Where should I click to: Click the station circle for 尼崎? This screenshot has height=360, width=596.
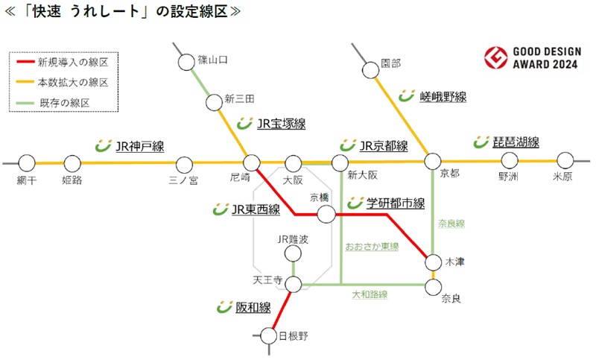click(x=252, y=162)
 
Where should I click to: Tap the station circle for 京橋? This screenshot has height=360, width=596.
click(x=326, y=215)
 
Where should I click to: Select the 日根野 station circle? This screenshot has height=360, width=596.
click(x=269, y=336)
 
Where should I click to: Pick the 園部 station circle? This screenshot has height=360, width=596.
click(x=370, y=70)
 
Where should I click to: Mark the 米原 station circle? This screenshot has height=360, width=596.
click(x=565, y=160)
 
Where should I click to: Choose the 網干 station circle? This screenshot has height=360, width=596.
click(x=27, y=162)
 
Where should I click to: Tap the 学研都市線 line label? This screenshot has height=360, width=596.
click(x=395, y=203)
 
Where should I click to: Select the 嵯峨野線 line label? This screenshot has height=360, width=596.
click(x=443, y=96)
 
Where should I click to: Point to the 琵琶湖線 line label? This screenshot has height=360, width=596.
click(x=516, y=142)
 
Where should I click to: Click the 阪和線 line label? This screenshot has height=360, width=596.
click(x=253, y=307)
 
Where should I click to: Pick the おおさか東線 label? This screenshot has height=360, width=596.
click(x=372, y=246)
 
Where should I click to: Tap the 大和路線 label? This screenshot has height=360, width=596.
click(x=370, y=295)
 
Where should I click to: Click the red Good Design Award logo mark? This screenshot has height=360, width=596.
click(x=495, y=57)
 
